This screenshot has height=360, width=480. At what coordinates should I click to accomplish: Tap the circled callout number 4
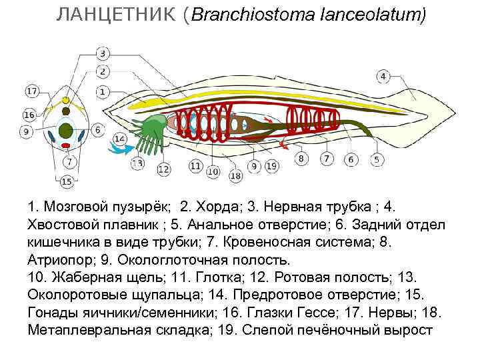point(382,76)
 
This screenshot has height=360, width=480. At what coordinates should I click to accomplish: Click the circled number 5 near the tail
point(376,159)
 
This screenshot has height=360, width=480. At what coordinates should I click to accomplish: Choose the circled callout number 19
point(271,165)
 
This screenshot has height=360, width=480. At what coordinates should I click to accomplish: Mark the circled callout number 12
point(163,169)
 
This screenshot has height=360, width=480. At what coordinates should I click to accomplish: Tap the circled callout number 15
point(66,181)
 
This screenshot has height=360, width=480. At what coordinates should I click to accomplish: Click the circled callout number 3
point(103,53)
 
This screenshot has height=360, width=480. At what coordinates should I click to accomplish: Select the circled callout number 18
point(235,176)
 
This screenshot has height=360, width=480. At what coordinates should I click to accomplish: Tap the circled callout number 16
point(29,115)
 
